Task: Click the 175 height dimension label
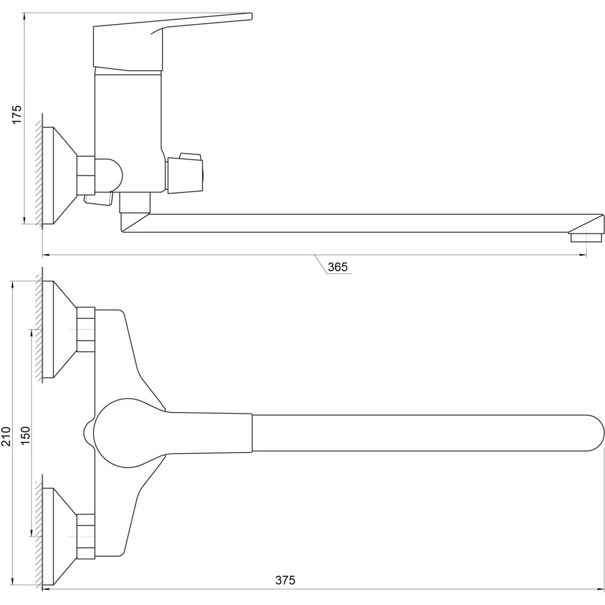[18, 114]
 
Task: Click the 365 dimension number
[338, 267]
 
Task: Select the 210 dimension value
[6, 436]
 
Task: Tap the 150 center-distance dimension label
[25, 435]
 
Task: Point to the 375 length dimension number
[285, 580]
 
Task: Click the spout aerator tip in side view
[586, 237]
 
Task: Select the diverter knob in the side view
[185, 172]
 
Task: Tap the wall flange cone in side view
[59, 175]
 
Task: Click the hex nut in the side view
[86, 175]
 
